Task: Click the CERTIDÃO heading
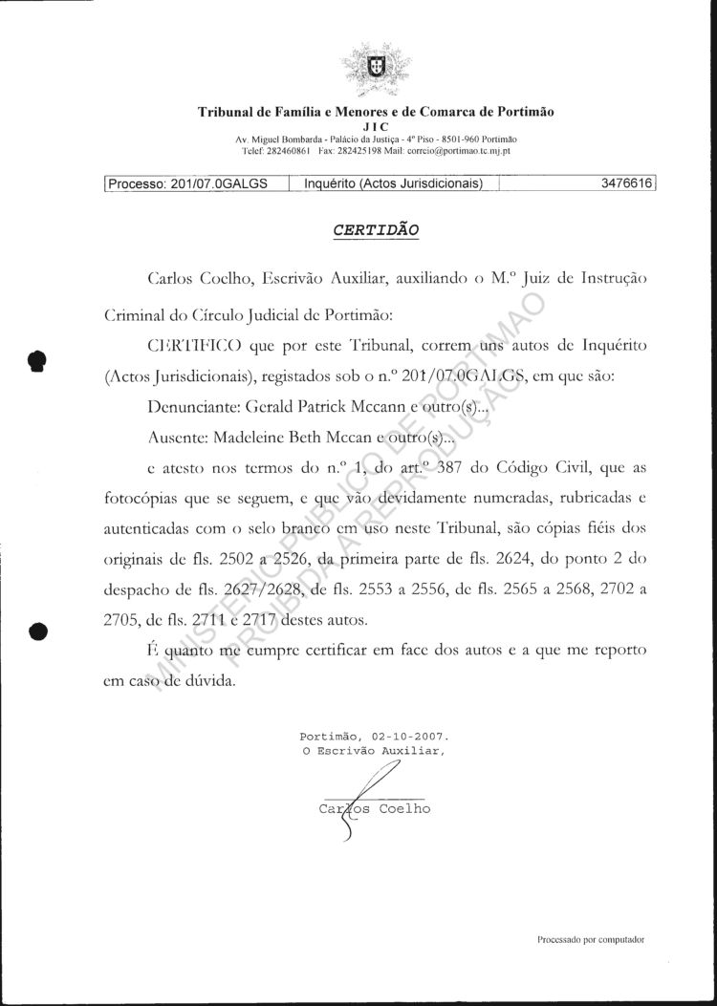375,230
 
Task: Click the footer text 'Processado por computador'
591,939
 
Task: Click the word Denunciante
194,406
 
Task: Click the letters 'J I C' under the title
376,125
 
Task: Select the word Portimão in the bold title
521,111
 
